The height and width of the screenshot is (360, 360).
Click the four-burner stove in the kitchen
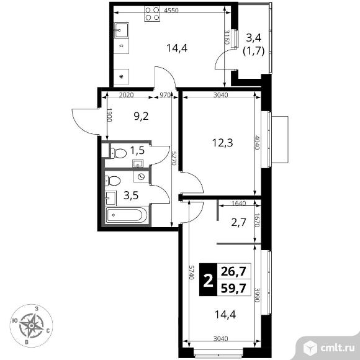152,14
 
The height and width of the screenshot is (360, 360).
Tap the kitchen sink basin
122,30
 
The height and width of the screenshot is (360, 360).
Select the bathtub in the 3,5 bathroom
127,215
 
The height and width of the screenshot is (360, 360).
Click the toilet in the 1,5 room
119,153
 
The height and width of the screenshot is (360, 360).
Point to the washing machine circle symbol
141,176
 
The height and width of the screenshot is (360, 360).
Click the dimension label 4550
171,11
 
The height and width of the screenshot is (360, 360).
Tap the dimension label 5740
191,272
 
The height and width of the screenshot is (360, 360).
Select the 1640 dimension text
239,203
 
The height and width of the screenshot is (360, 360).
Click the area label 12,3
222,143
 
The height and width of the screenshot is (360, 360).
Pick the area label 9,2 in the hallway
141,117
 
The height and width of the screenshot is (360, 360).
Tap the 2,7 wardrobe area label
239,222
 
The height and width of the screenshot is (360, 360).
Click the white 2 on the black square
208,281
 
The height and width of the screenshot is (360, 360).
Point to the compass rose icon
32,326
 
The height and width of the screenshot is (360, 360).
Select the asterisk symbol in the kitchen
122,77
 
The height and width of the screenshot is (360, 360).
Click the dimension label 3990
258,295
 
